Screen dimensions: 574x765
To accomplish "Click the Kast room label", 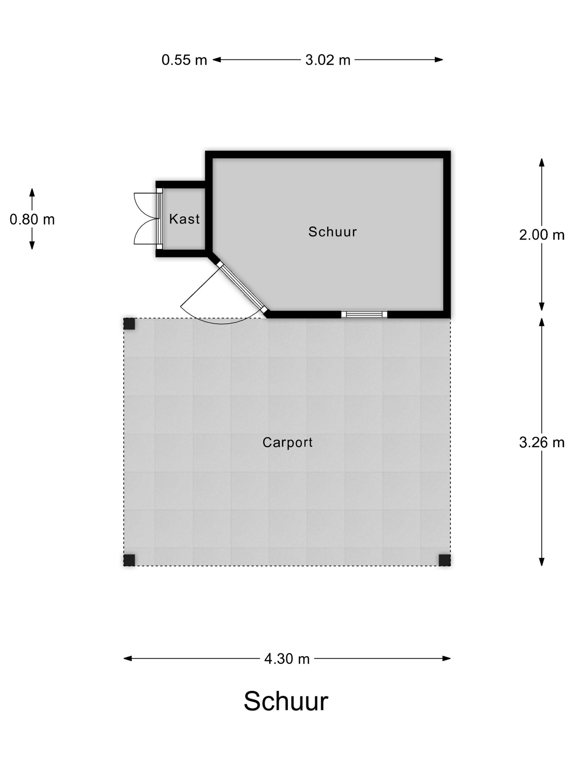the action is pos(184,219).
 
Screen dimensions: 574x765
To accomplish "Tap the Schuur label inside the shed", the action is pos(332,232).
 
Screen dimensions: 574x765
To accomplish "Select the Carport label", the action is pos(288,442).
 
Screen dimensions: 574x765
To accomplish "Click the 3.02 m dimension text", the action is pos(328,60).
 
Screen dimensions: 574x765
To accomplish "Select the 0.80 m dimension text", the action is pos(32,219).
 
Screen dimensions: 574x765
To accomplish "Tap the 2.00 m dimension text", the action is pos(542,235).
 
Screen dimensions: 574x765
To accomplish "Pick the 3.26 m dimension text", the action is pos(542,442).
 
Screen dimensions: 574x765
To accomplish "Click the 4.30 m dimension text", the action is pos(287,659).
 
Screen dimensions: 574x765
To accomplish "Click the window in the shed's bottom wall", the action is pos(364,314).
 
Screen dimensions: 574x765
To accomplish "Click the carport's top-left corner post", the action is pos(129,324).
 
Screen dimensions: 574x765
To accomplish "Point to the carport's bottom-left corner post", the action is pos(129,560).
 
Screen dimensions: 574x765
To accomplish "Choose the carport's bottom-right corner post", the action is pos(445,560).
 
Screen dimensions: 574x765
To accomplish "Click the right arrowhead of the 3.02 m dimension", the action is pos(439,60).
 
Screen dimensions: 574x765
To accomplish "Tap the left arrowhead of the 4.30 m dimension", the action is pos(128,658).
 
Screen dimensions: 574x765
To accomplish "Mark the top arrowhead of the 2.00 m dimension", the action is pos(542,162).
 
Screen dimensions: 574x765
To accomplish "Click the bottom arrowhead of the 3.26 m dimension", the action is pos(542,562).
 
